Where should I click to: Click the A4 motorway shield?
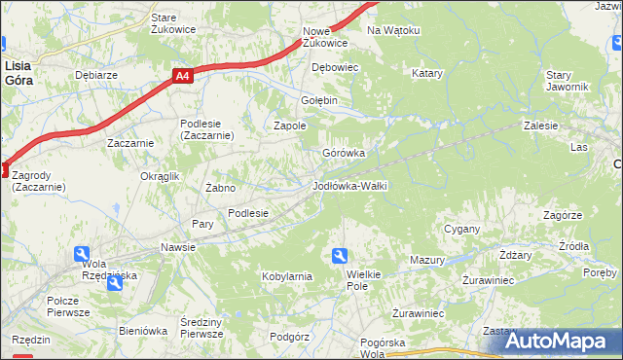[x=182, y=74]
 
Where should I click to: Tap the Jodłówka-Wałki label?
[x=350, y=185]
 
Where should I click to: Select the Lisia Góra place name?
[x=18, y=73]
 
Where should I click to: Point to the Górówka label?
[x=344, y=153]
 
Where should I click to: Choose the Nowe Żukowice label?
[x=324, y=37]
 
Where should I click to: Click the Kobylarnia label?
[x=286, y=276]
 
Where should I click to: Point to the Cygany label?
[x=462, y=229]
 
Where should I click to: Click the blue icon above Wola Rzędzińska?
[x=84, y=254]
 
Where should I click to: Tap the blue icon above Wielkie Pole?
[x=340, y=256]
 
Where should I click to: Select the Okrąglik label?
[x=161, y=176]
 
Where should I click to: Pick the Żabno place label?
[x=220, y=187]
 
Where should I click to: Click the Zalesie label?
[x=540, y=126]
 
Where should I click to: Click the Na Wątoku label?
[x=393, y=30]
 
